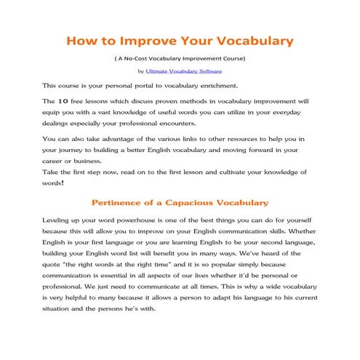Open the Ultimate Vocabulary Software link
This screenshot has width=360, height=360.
tap(184, 71)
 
